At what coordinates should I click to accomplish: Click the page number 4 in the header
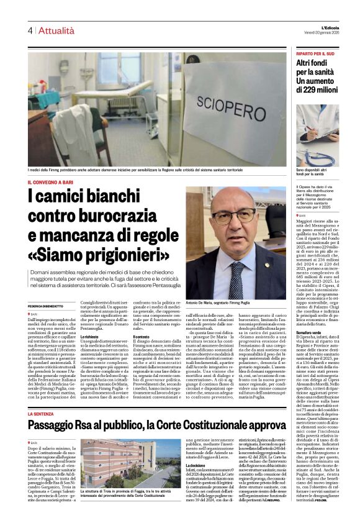[x=29, y=30]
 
